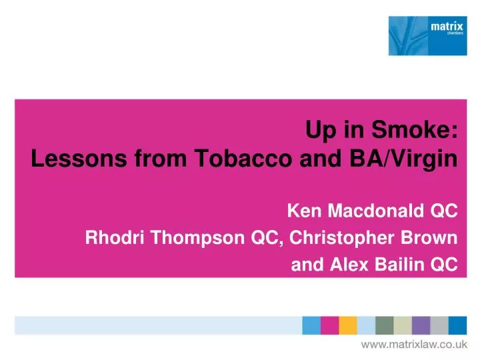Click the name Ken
301,211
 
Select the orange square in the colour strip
348,325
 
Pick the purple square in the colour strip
421,325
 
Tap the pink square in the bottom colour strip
329,325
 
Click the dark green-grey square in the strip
384,325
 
